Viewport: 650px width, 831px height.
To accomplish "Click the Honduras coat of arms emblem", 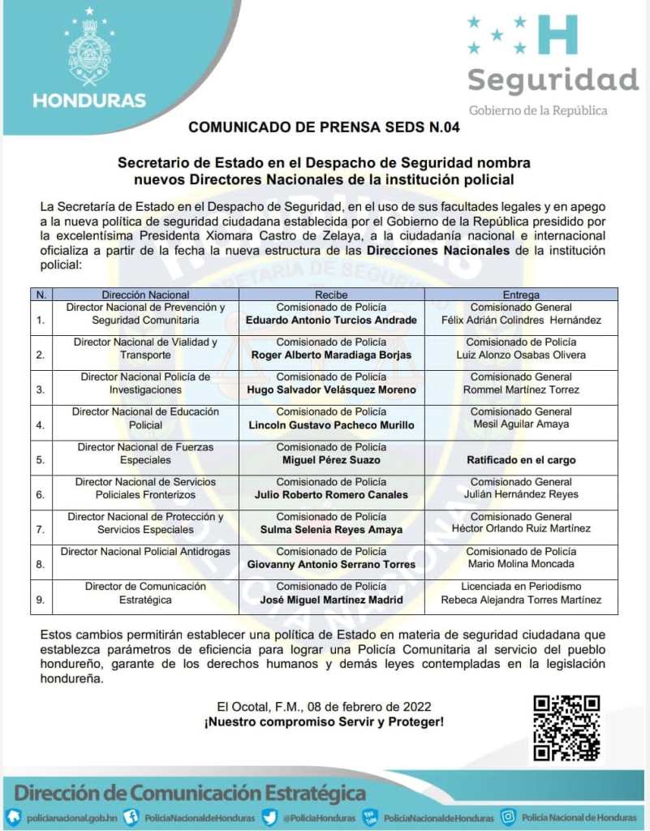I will (x=89, y=48).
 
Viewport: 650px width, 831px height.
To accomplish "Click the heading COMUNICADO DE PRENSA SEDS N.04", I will (x=325, y=127).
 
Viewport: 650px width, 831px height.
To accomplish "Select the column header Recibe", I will (x=331, y=295).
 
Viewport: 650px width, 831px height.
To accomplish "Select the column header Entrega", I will (x=521, y=295).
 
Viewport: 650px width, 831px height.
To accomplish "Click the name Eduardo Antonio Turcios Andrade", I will (x=331, y=320).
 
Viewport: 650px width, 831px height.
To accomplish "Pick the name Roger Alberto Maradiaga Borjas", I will (x=331, y=355).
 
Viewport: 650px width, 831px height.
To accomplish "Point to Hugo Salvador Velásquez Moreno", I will (x=331, y=390).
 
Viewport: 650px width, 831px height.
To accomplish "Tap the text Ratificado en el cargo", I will (x=521, y=459).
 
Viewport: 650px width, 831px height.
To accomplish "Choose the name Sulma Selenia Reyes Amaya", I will (x=331, y=529).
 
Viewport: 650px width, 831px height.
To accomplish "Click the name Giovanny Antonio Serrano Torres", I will (x=331, y=564).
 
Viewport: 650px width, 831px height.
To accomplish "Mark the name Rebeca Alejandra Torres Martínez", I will (x=521, y=600).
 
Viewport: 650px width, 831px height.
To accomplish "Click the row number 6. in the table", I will (x=41, y=494).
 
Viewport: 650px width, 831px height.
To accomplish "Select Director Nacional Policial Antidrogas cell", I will (x=145, y=551).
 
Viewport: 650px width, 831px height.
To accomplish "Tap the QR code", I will (x=566, y=728).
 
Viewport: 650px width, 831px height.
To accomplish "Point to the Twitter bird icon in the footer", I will (x=269, y=816).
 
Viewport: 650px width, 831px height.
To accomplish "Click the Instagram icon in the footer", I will (x=509, y=816).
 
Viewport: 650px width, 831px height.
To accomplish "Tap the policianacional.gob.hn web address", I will (x=72, y=817).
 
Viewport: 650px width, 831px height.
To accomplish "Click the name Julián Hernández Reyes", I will (x=521, y=494).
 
